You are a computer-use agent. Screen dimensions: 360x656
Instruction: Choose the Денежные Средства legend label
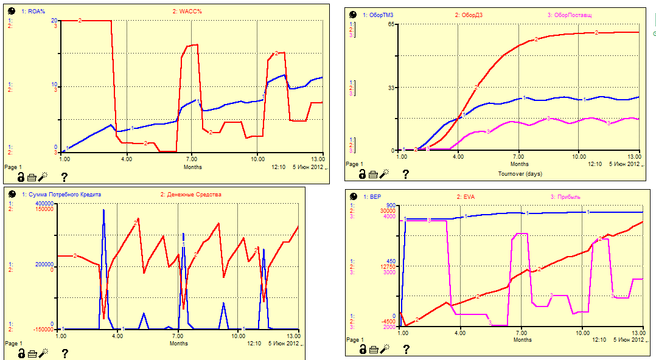point(194,194)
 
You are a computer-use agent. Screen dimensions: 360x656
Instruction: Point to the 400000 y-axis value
point(44,203)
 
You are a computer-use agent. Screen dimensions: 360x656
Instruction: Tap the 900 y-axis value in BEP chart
point(390,206)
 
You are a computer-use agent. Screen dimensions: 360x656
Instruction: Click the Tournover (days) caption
point(520,173)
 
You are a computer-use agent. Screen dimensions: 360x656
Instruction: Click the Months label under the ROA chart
point(192,167)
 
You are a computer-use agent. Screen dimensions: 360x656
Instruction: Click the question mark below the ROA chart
point(64,177)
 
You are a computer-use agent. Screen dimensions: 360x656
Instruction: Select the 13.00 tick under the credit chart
point(293,336)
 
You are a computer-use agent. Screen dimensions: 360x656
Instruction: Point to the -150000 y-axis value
point(43,329)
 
